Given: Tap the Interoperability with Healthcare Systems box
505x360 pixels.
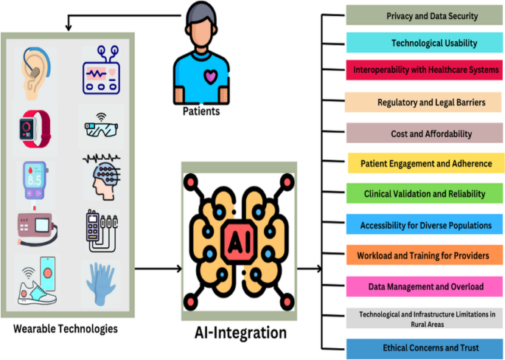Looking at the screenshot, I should (x=425, y=70).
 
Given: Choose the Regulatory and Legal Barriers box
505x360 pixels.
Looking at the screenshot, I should (x=425, y=103).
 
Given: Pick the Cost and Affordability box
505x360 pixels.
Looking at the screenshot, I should (x=425, y=134).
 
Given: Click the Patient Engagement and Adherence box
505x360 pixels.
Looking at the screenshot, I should (x=425, y=163).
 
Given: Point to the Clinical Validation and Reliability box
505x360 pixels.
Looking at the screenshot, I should (x=425, y=193).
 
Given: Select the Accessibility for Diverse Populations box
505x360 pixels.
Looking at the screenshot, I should (x=425, y=225).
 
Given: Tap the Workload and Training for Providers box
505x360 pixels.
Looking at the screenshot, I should (x=425, y=255).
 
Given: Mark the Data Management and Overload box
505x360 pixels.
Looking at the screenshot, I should (x=425, y=286).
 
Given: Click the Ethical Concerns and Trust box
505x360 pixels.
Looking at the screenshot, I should (x=425, y=347).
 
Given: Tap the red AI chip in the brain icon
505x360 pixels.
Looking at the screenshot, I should (x=238, y=240).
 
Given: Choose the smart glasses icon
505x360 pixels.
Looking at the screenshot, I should (x=101, y=128).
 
